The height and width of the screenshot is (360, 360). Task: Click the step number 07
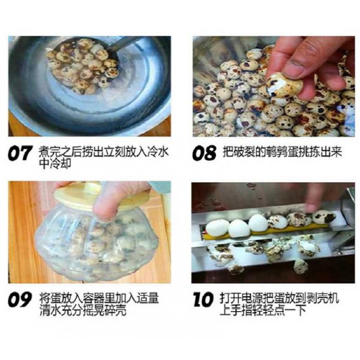tap(19, 153)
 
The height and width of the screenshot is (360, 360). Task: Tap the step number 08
tap(204, 153)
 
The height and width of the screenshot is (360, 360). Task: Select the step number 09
tap(19, 300)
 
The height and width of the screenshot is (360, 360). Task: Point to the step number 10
tap(203, 300)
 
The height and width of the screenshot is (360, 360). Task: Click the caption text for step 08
tap(282, 152)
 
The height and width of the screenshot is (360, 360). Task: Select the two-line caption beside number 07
tap(104, 157)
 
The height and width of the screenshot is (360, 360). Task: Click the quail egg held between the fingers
tap(284, 85)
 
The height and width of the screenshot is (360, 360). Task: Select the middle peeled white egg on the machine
tap(239, 228)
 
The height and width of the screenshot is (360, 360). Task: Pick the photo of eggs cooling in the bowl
tap(90, 86)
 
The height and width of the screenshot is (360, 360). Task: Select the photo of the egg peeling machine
tap(273, 233)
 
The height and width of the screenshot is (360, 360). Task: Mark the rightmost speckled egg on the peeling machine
tap(324, 217)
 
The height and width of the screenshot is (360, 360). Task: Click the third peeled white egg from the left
tap(258, 222)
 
